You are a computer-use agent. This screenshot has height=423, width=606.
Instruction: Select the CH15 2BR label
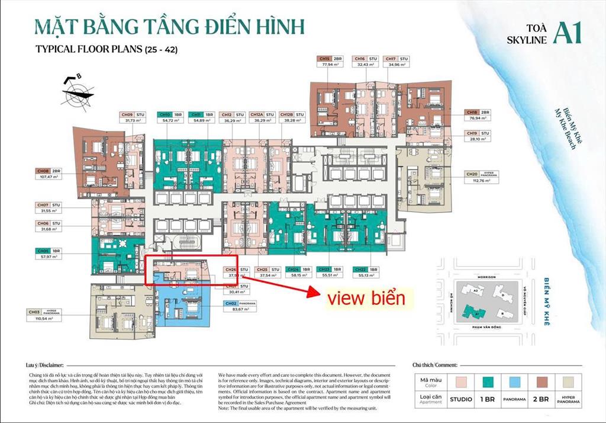coord(331,59)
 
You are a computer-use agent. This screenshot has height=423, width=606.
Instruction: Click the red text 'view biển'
coord(366,298)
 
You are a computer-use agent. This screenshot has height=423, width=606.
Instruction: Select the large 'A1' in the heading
coord(567,33)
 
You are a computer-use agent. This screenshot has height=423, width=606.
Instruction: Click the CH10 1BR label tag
coord(170,114)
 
